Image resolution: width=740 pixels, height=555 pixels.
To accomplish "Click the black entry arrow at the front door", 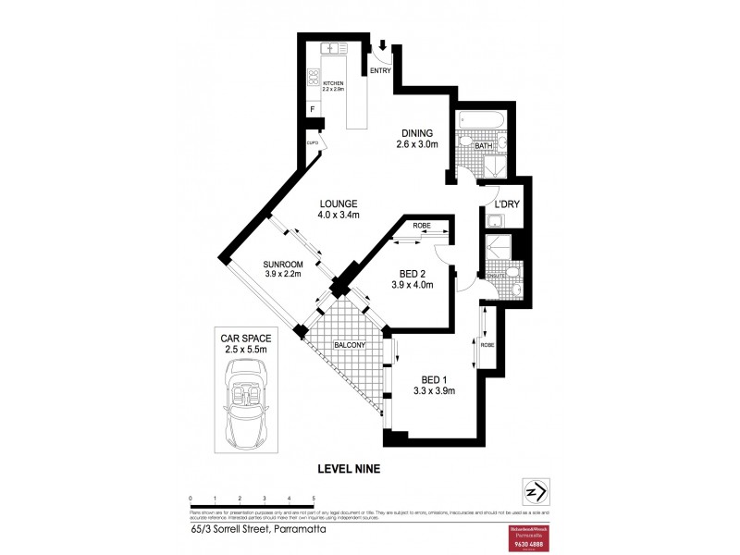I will click(x=383, y=43).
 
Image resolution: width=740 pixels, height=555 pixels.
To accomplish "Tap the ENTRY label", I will click(x=380, y=71).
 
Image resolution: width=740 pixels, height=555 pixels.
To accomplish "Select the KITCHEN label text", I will click(x=332, y=83).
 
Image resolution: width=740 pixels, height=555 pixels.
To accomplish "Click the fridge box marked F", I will click(x=314, y=110).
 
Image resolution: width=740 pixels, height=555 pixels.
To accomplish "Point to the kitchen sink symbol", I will click(x=331, y=48).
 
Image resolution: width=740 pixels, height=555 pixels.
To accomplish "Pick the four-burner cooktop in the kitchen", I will click(x=314, y=80).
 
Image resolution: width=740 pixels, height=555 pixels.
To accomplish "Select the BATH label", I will click(x=483, y=146).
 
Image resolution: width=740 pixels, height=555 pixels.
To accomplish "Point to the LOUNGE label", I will click(x=339, y=204).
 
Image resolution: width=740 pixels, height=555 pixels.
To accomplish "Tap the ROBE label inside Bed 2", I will click(x=408, y=225).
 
